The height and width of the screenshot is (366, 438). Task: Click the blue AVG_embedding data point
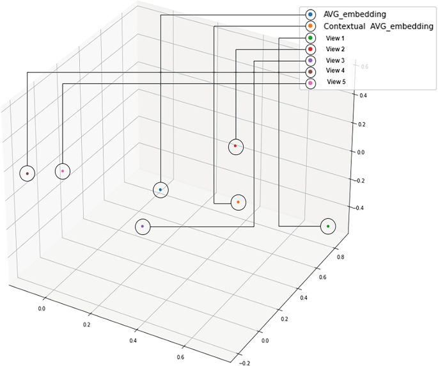(160, 190)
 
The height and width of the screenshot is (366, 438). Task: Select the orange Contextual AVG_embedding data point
(238, 202)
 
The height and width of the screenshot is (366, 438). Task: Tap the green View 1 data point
(328, 226)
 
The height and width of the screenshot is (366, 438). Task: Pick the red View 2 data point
(236, 147)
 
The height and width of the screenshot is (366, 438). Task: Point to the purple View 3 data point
(142, 227)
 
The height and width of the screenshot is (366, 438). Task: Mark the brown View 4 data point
(27, 173)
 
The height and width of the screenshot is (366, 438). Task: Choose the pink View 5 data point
(62, 171)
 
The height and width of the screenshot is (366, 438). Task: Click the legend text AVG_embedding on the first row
(355, 14)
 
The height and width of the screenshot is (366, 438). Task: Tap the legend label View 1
(336, 38)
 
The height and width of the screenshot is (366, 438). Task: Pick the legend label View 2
(336, 49)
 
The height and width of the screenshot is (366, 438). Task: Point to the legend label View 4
(336, 70)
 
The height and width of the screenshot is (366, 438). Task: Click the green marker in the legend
(310, 38)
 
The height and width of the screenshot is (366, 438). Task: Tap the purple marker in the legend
(310, 60)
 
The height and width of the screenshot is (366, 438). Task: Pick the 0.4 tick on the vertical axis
(362, 95)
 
